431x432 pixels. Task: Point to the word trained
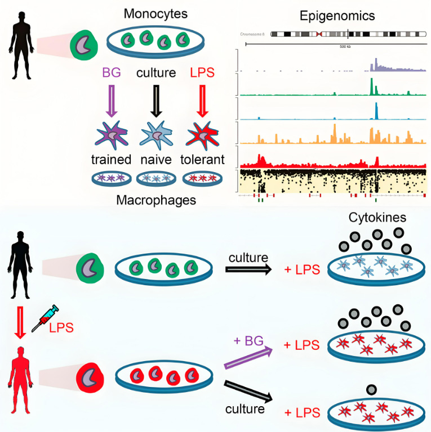point(111,159)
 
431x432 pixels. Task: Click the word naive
point(156,159)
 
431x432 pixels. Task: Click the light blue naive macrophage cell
point(156,135)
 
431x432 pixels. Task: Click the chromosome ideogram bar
point(347,34)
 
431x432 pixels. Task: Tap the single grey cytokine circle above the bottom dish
point(371,390)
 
